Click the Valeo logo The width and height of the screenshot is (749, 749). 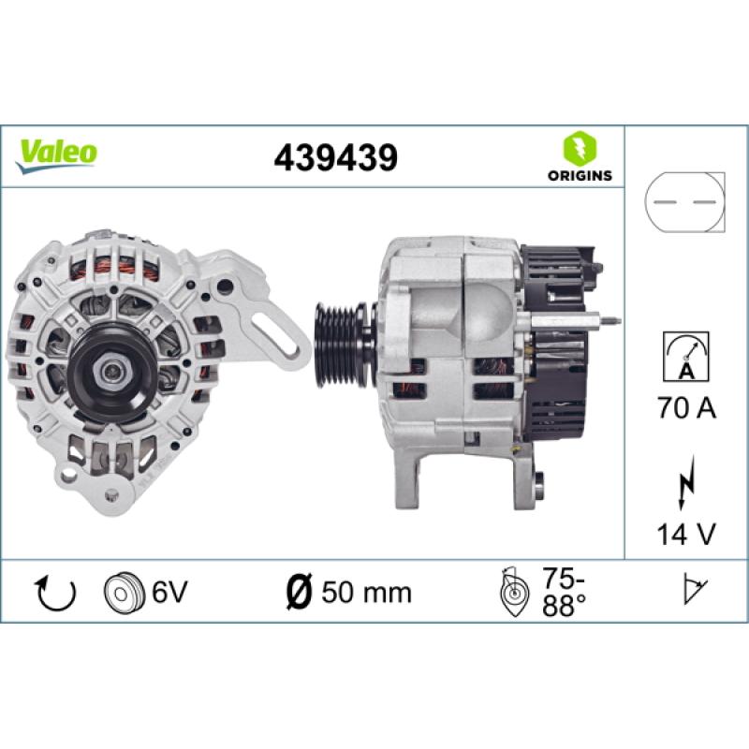click(56, 155)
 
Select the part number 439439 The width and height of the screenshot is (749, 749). click(335, 157)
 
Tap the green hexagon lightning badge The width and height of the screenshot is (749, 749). click(580, 148)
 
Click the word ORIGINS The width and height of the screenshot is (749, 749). click(580, 176)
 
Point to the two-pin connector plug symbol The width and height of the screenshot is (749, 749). click(684, 202)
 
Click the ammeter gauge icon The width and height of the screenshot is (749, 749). click(686, 357)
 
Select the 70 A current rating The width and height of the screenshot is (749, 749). click(686, 407)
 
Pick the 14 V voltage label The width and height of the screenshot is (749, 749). click(686, 534)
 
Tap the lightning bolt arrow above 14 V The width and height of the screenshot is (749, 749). click(686, 482)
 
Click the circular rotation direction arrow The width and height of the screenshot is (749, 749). click(56, 593)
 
